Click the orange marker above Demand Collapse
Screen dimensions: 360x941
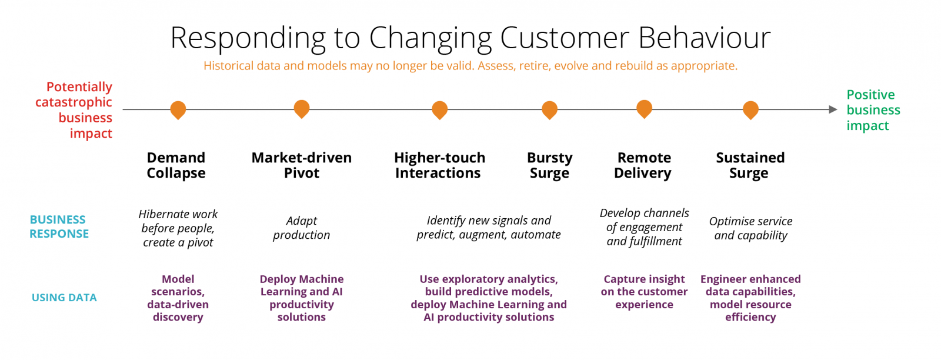tap(178, 109)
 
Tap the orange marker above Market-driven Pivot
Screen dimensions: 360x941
tap(302, 108)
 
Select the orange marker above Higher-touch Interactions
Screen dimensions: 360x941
tap(439, 109)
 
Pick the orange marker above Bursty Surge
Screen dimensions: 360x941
tap(549, 109)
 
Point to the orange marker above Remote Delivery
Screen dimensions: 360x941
tap(645, 108)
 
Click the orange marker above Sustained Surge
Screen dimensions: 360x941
tap(750, 109)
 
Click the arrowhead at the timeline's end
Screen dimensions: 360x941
tap(833, 109)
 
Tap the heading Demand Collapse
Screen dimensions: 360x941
tap(176, 165)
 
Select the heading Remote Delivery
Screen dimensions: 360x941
tap(643, 165)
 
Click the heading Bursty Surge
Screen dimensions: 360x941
tap(549, 165)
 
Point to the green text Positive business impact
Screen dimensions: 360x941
tap(873, 110)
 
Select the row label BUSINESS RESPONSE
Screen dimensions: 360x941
tap(59, 226)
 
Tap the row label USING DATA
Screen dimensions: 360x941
tap(64, 298)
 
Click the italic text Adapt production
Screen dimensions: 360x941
tap(301, 228)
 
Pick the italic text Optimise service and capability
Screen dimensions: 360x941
tap(750, 228)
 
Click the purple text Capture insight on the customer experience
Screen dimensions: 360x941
tap(644, 292)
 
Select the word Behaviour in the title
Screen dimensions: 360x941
tap(704, 38)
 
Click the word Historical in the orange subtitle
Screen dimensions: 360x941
tap(228, 66)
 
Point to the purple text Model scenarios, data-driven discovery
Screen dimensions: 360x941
tap(178, 298)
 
